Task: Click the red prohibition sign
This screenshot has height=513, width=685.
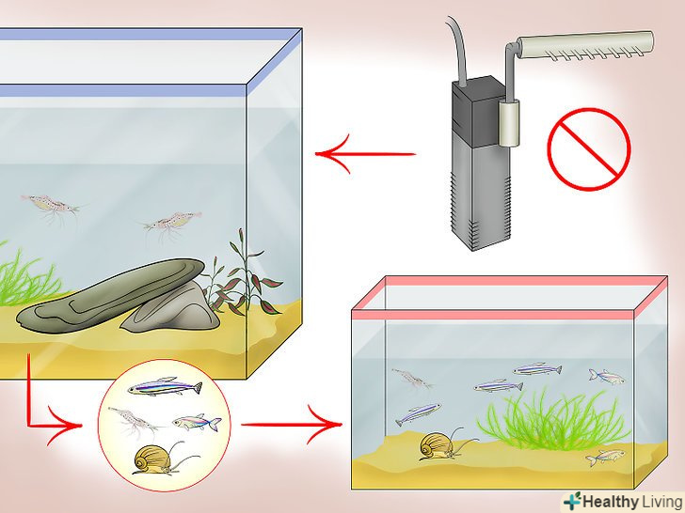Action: tap(589, 149)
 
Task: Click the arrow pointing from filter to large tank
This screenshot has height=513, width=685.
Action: tap(365, 153)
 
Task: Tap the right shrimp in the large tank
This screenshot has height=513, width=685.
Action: tap(171, 224)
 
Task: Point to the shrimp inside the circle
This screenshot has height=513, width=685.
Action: tap(133, 421)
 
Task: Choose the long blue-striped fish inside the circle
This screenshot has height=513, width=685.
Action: tap(166, 386)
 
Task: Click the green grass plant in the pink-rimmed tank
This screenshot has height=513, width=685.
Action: tap(552, 421)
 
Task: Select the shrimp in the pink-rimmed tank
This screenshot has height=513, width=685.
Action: tap(412, 378)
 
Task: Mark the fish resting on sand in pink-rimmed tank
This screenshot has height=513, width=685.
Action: tap(604, 458)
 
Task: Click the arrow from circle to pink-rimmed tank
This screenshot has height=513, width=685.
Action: tap(292, 424)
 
